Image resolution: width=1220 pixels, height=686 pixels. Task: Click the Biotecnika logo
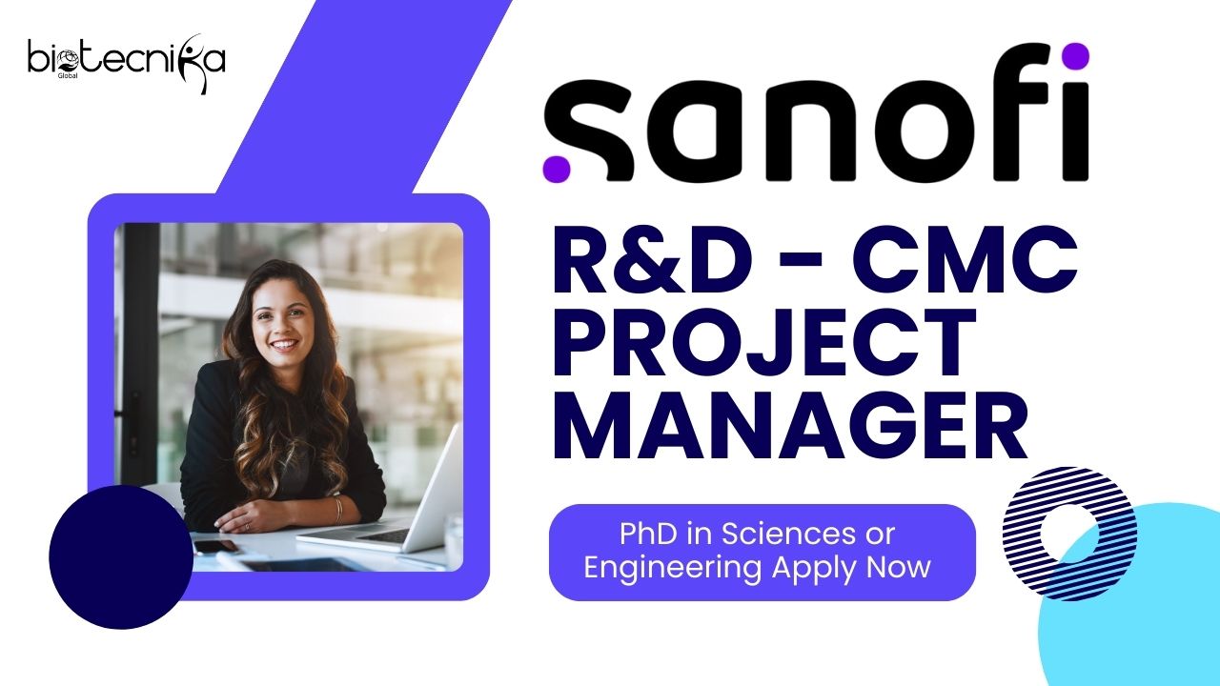point(127,64)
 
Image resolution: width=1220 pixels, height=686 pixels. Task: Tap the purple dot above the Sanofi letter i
point(1074,56)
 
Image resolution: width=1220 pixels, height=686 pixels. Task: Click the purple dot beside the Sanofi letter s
point(556,168)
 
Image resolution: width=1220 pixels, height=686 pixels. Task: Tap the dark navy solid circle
point(121,557)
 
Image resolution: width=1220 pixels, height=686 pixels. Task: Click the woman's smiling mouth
point(284,345)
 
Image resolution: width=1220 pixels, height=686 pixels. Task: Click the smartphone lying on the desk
point(215,546)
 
